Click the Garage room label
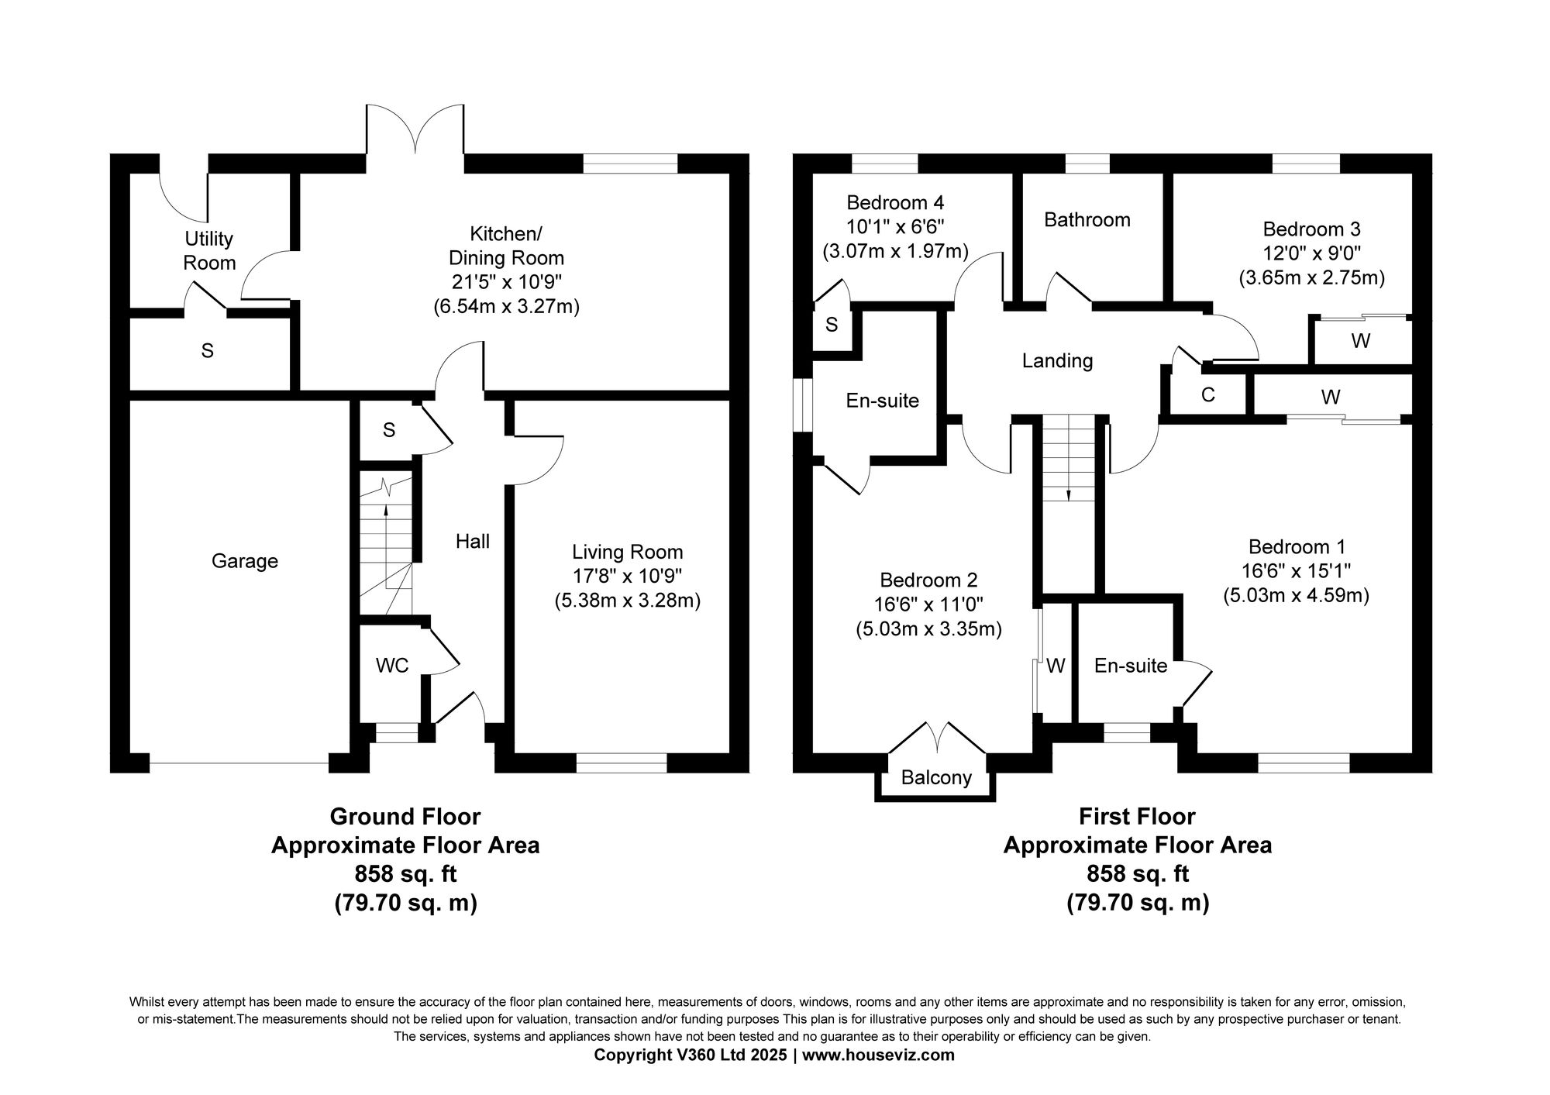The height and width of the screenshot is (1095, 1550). point(244,560)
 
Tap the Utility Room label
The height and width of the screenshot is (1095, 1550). point(208,250)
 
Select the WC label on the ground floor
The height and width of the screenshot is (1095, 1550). point(391,666)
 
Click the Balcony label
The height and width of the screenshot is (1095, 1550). point(936,777)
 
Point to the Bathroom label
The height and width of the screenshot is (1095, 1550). point(1087,220)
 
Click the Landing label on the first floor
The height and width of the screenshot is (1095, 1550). point(1057,360)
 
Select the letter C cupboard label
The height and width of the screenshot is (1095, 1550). point(1207,396)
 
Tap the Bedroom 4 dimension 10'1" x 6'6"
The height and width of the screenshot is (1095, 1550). point(895,227)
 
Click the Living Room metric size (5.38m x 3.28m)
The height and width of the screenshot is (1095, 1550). point(627,601)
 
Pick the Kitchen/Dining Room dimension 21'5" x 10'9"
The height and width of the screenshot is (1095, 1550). point(506,281)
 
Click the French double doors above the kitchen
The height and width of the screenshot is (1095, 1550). point(415,132)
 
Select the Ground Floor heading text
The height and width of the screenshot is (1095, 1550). point(405,817)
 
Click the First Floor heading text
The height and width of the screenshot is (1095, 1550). point(1137,817)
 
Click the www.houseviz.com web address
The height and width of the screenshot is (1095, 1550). point(878,1055)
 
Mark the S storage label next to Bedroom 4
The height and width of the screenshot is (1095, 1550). point(832,325)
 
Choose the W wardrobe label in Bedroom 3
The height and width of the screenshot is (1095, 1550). point(1360,340)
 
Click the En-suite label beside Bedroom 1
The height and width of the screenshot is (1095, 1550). point(1130,666)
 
